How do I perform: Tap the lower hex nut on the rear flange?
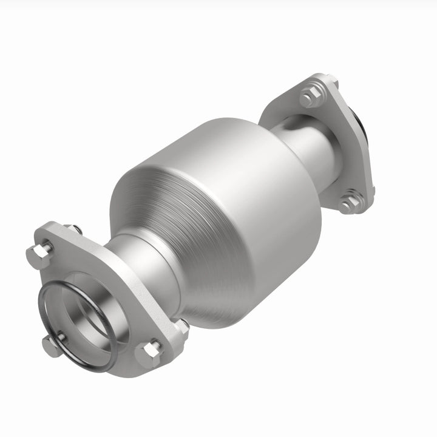pos(349,203)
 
